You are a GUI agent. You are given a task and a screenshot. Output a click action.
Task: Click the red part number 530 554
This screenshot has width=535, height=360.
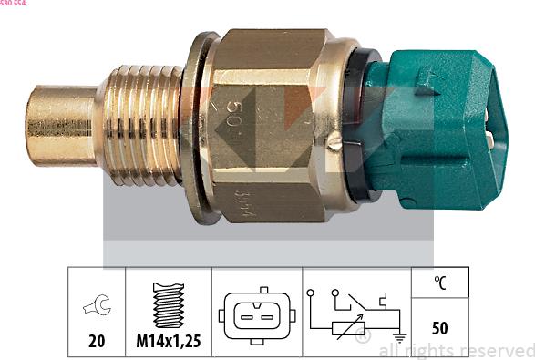pyautogui.click(x=13, y=4)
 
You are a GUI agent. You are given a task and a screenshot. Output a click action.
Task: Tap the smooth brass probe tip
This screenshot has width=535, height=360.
pyautogui.click(x=60, y=125)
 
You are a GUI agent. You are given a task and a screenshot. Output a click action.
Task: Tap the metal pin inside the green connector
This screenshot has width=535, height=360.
pyautogui.click(x=493, y=139)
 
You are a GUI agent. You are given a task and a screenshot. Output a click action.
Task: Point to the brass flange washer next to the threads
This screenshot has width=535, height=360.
pyautogui.click(x=192, y=128)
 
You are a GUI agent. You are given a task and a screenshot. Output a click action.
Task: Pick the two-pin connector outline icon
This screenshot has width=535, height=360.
pyautogui.click(x=257, y=314)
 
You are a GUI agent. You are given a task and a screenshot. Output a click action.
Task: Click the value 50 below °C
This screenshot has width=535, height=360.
pyautogui.click(x=440, y=327)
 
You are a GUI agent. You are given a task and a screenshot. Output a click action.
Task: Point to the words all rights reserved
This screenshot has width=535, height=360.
pyautogui.click(x=456, y=350)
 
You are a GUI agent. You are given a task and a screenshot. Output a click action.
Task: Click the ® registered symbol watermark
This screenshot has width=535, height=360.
pyautogui.click(x=362, y=337)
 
